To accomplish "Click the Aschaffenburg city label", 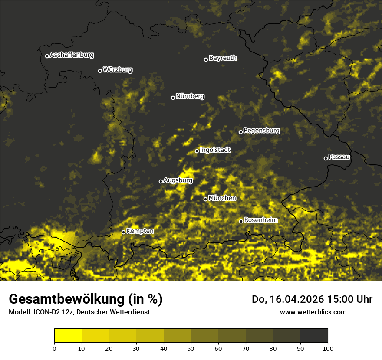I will pyautogui.click(x=72, y=55).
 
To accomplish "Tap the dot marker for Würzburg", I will pyautogui.click(x=100, y=71).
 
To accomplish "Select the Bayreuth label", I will pyautogui.click(x=223, y=58).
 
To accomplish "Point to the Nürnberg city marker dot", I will pyautogui.click(x=173, y=98).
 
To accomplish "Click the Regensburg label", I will pyautogui.click(x=261, y=131).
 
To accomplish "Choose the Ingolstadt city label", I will pyautogui.click(x=215, y=150).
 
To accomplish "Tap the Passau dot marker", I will pyautogui.click(x=326, y=158).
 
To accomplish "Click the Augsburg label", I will pyautogui.click(x=178, y=180).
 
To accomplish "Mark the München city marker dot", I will pyautogui.click(x=206, y=199).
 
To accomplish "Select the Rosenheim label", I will pyautogui.click(x=261, y=220).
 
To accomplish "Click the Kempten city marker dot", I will pyautogui.click(x=123, y=232).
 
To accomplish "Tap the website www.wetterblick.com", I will pyautogui.click(x=313, y=312).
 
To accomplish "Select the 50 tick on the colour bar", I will pyautogui.click(x=191, y=348).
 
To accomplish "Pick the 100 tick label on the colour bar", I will pyautogui.click(x=328, y=348).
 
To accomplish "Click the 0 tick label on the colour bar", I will pyautogui.click(x=54, y=348).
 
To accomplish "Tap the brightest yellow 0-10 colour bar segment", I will pyautogui.click(x=68, y=336).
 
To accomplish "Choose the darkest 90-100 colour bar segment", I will pyautogui.click(x=314, y=336).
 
